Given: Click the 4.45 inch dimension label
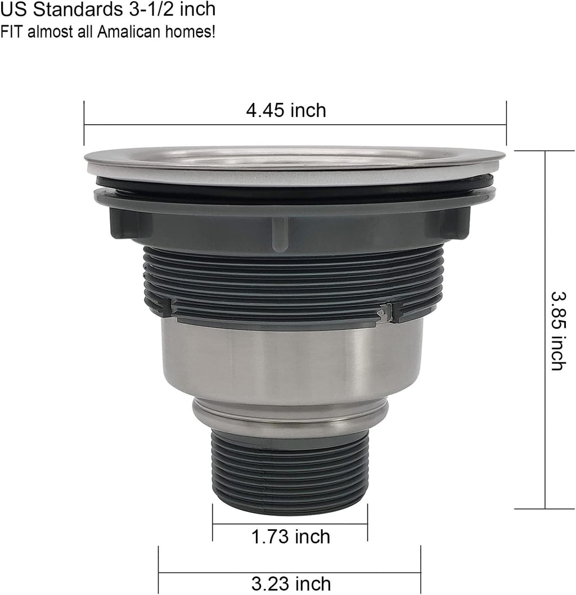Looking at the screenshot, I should pos(286,110).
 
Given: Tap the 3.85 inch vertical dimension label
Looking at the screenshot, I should pos(557,330).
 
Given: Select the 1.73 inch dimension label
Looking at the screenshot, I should pos(290,537).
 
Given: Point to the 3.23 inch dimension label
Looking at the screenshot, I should pos(290,584).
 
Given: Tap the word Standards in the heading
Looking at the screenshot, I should pos(70,10).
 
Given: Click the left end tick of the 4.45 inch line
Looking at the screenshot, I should pos(84,124).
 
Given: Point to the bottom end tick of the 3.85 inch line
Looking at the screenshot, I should pos(544,508).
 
